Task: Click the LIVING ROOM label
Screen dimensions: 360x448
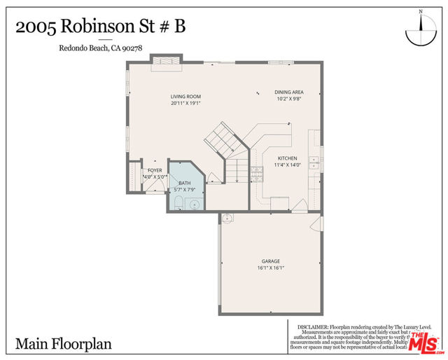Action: point(185,96)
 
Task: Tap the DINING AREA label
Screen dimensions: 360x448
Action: point(288,92)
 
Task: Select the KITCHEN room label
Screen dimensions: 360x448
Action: point(288,158)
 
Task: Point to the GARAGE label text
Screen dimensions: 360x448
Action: point(271,261)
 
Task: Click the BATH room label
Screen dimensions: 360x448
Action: point(184,182)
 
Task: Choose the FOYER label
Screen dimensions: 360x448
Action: point(155,170)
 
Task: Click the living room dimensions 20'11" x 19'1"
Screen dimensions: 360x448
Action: point(185,103)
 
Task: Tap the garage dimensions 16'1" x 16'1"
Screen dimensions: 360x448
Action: point(271,268)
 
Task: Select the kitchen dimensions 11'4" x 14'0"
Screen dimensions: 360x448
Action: point(288,165)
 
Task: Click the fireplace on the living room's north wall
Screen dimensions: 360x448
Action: point(167,62)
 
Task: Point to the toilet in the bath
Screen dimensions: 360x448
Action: point(178,203)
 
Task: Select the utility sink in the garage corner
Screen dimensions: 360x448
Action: point(226,219)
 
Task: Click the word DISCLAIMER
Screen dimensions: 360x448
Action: point(313,326)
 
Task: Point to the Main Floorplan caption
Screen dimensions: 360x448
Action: point(64,344)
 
